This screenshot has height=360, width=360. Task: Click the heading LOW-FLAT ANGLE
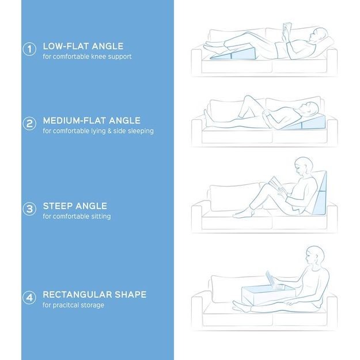(x=83, y=46)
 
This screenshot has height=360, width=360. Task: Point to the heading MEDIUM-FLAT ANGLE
(x=92, y=121)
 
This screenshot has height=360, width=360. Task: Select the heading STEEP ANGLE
(x=75, y=206)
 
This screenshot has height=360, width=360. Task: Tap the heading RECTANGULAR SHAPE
(x=94, y=295)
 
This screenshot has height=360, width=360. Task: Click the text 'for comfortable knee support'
(x=88, y=57)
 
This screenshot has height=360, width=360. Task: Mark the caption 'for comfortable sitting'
(x=77, y=217)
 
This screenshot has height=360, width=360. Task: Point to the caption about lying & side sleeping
(x=98, y=131)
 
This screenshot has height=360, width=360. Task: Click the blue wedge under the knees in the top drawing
(x=233, y=55)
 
